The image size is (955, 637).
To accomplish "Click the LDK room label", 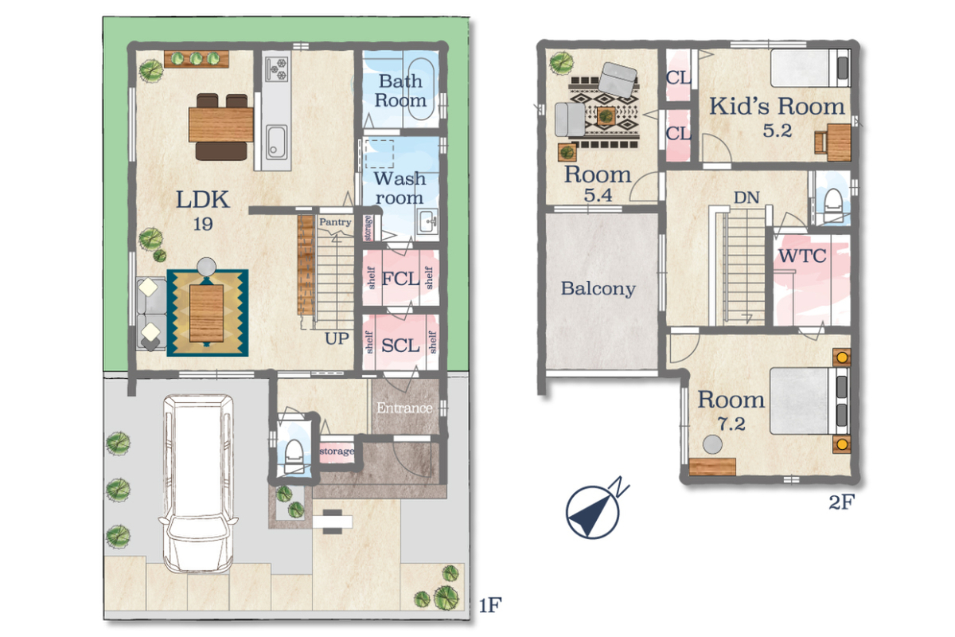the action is coord(203,200).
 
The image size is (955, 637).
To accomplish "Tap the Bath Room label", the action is coord(400,91).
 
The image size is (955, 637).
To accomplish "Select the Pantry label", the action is coord(335,222).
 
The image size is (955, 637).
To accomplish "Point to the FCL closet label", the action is coord(400,279).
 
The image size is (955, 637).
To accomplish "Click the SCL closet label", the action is coord(400,346).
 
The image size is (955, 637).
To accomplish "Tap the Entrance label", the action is coord(404,408).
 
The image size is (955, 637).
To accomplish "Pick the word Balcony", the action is coord(598,289).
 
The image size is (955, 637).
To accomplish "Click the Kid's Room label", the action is coord(777,106).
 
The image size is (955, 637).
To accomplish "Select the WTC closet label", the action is coord(802,256).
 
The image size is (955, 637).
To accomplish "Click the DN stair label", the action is coord(746,197).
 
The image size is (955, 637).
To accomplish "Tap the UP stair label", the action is coord(337,338).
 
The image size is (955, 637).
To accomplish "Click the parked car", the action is coord(198,483).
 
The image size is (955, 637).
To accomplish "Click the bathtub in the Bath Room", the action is coord(421,89).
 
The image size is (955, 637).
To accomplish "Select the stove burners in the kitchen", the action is coord(277,68).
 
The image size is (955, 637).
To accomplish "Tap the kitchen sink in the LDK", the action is coord(276,143).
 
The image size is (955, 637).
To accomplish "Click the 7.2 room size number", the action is coord(731,424).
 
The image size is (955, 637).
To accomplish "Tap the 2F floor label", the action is coord(842,502).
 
